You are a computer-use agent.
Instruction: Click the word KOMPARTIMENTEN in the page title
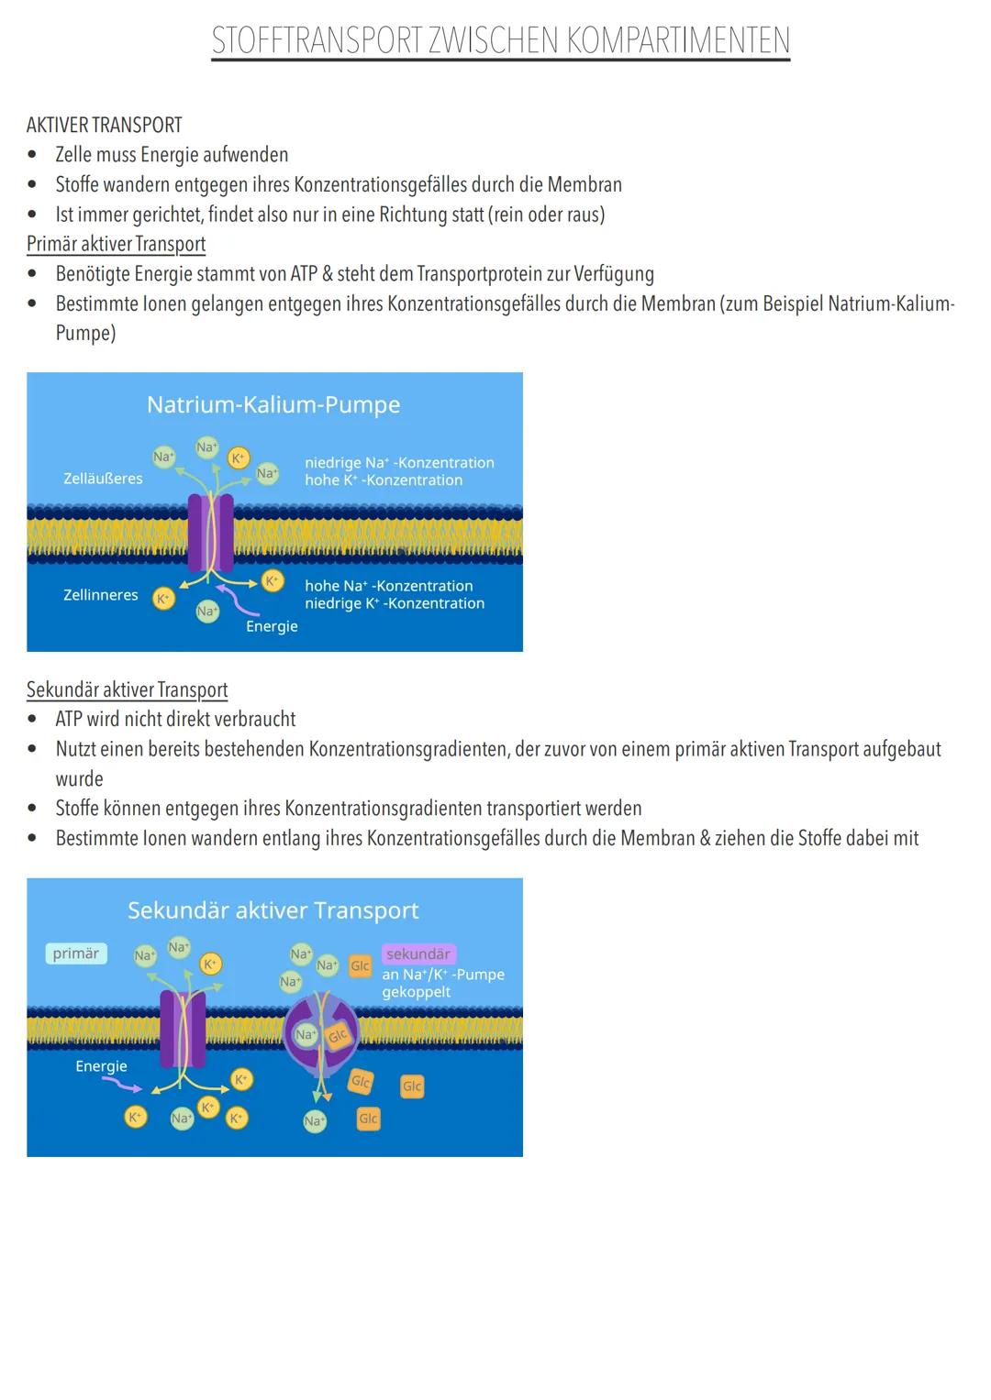(678, 40)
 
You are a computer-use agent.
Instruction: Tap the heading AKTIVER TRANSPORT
(104, 125)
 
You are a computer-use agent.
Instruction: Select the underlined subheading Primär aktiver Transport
(116, 244)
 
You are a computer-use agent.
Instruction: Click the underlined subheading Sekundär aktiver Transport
(127, 689)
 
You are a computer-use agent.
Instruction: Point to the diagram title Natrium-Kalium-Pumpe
(273, 405)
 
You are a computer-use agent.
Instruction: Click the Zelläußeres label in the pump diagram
(103, 478)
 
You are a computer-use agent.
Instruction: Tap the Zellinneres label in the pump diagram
(100, 594)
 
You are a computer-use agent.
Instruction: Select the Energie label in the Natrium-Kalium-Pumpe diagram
(272, 626)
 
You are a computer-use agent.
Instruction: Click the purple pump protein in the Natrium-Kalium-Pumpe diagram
(211, 533)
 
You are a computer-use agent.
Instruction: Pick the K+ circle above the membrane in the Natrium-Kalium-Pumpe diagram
(239, 458)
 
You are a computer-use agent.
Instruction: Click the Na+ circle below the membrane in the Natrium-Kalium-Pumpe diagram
(207, 611)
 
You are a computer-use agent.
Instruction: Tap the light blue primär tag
(75, 954)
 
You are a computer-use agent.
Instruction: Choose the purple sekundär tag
(418, 954)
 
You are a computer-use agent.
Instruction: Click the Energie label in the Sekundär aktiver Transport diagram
(101, 1065)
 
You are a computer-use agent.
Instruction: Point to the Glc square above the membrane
(360, 965)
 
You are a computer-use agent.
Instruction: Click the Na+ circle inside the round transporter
(306, 1034)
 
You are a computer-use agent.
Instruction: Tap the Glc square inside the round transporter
(338, 1036)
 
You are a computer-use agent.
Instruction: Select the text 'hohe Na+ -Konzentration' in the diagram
(388, 586)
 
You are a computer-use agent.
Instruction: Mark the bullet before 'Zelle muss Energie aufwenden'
(32, 154)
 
